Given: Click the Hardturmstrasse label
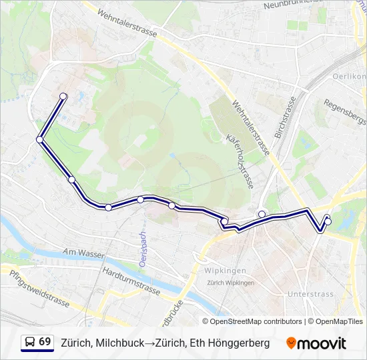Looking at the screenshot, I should (x=131, y=281).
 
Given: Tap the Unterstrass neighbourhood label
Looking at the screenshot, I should (x=309, y=293).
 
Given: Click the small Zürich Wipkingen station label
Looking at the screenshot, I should (x=230, y=283).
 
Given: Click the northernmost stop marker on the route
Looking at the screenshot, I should (x=63, y=97).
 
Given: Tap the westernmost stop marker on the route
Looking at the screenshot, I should (x=40, y=139).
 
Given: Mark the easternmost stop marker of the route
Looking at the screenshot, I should (x=328, y=221).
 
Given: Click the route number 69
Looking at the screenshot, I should (x=45, y=341).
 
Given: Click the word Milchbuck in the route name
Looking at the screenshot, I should (x=119, y=343).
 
